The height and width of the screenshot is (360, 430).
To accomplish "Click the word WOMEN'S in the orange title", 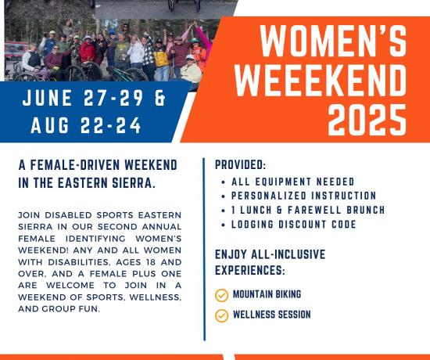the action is click(x=332, y=41).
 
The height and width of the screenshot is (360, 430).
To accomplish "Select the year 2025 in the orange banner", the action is click(x=367, y=120).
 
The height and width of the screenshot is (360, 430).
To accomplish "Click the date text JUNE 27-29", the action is click(x=83, y=98).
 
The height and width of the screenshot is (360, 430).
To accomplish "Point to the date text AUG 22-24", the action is click(x=86, y=125).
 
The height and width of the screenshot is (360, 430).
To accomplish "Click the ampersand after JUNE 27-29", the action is click(x=160, y=98).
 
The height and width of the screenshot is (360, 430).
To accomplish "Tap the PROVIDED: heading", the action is click(x=240, y=165).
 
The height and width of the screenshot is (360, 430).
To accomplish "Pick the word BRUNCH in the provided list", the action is click(x=366, y=210).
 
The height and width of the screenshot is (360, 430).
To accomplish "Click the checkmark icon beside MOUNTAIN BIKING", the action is click(x=221, y=296).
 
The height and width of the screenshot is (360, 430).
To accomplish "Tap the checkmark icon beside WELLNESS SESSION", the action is click(x=221, y=315).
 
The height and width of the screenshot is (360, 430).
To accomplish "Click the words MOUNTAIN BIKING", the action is click(x=267, y=294).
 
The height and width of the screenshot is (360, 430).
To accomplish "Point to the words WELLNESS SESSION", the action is click(x=272, y=315).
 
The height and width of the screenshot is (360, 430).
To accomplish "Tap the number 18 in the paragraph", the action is click(x=151, y=262).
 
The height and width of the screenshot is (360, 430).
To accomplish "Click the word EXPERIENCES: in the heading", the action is click(x=250, y=270).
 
